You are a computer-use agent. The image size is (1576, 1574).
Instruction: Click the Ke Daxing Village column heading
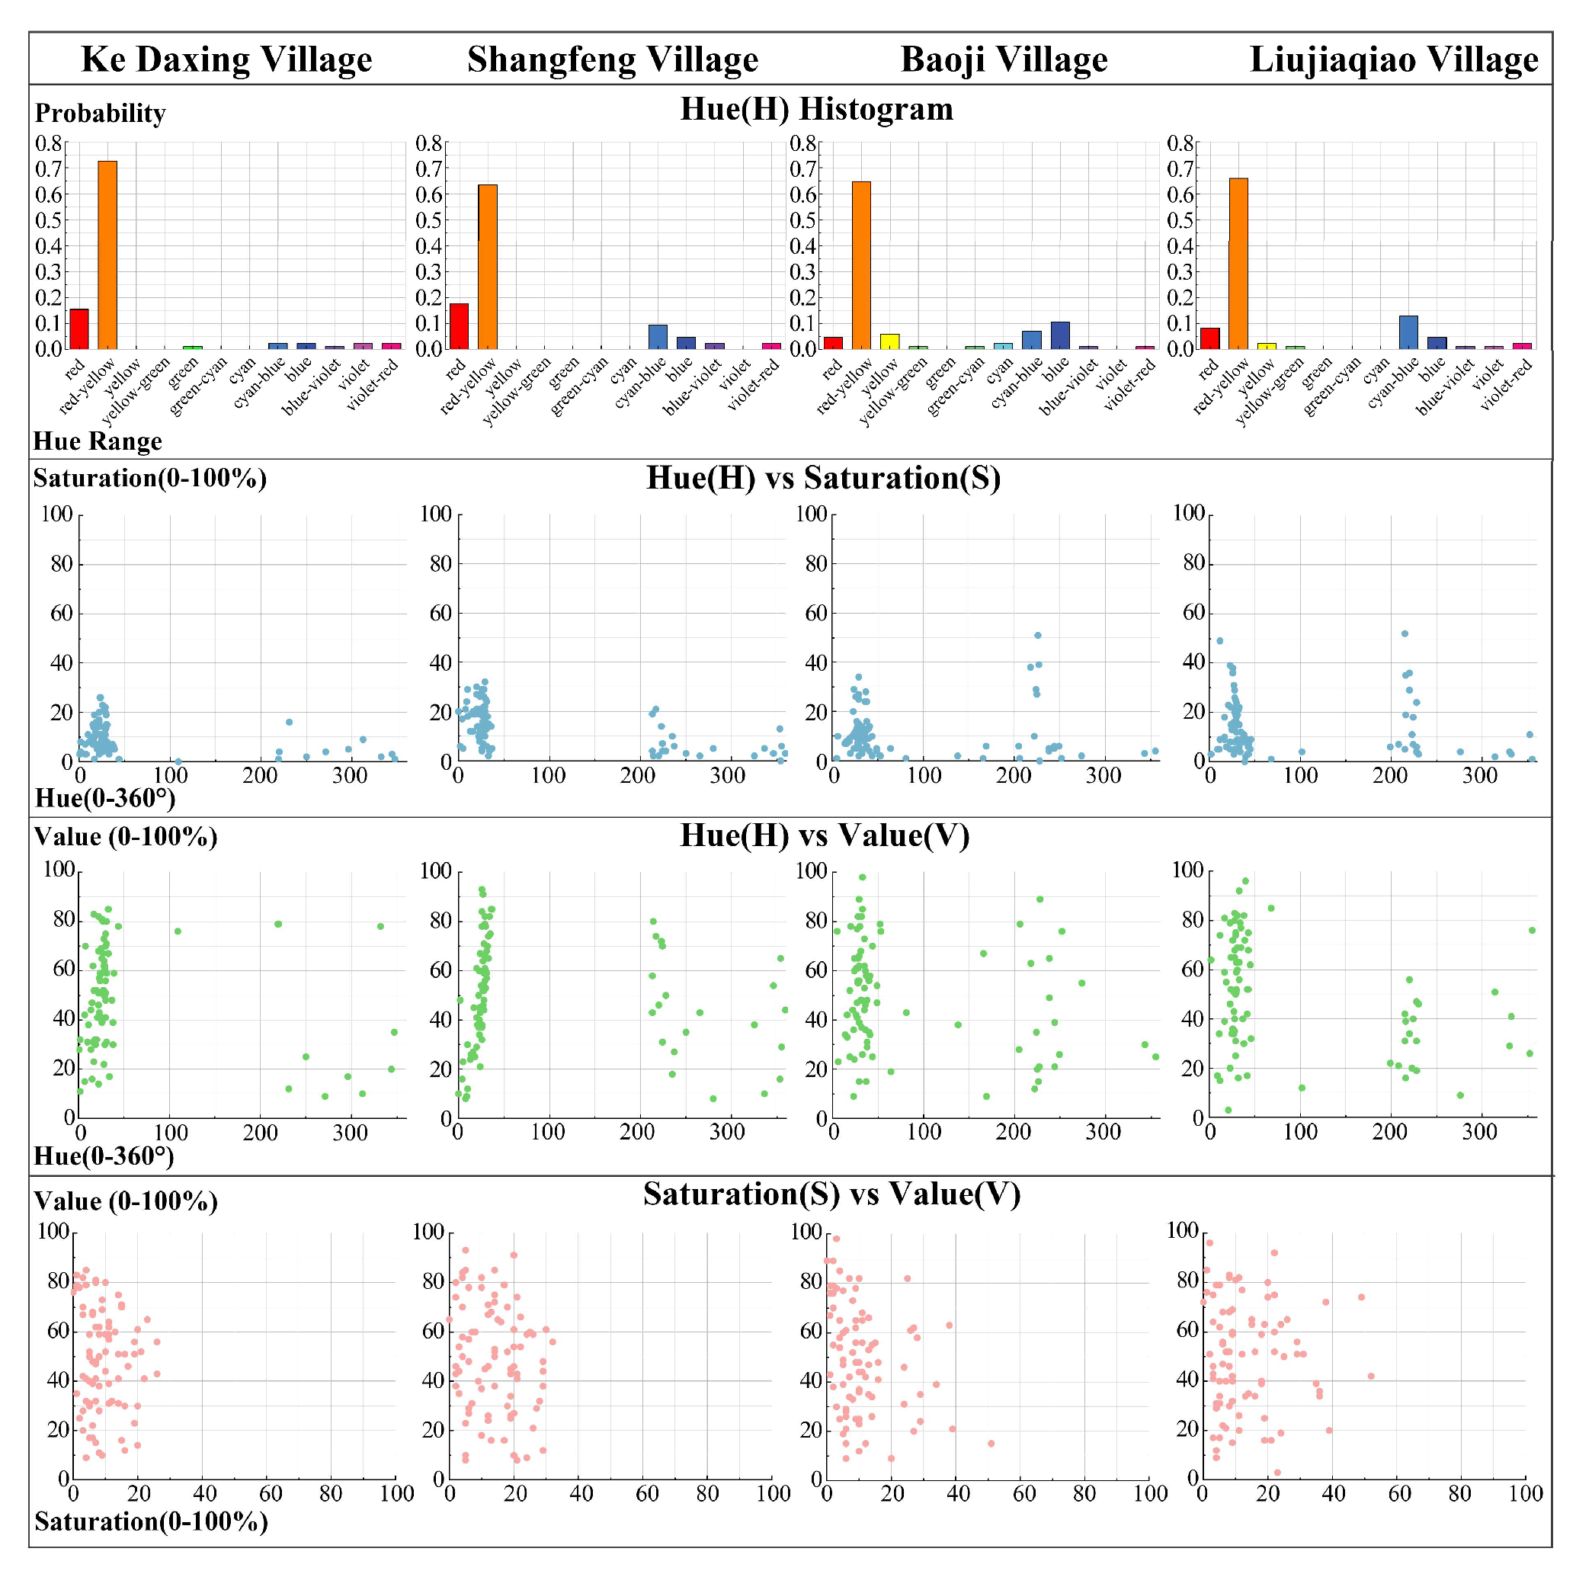pyautogui.click(x=227, y=59)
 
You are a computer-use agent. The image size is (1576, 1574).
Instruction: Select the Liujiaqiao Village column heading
pyautogui.click(x=1393, y=59)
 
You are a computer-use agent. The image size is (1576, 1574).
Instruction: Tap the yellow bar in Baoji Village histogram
pyautogui.click(x=889, y=341)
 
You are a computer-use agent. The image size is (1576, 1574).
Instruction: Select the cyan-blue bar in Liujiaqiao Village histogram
pyautogui.click(x=1408, y=332)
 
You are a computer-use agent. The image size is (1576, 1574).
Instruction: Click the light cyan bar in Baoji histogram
pyautogui.click(x=1003, y=346)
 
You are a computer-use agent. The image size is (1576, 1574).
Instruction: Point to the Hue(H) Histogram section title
pyautogui.click(x=816, y=109)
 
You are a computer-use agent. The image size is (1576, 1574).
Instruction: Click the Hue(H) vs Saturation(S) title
pyautogui.click(x=823, y=478)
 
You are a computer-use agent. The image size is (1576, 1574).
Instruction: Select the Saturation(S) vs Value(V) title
pyautogui.click(x=831, y=1194)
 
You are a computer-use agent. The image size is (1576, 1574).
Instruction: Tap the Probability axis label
pyautogui.click(x=101, y=114)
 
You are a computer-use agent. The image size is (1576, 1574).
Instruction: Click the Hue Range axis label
pyautogui.click(x=98, y=441)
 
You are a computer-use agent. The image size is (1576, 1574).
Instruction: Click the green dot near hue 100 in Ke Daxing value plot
pyautogui.click(x=178, y=931)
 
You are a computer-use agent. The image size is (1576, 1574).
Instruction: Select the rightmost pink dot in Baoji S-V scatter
pyautogui.click(x=991, y=1444)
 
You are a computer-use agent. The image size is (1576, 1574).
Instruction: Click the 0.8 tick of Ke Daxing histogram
pyautogui.click(x=49, y=143)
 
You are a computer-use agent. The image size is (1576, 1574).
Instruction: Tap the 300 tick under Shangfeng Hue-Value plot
pyautogui.click(x=727, y=1133)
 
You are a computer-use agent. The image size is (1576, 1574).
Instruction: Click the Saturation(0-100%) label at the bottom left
pyautogui.click(x=151, y=1521)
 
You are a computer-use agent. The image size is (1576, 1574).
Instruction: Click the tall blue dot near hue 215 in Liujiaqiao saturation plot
pyautogui.click(x=1405, y=634)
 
